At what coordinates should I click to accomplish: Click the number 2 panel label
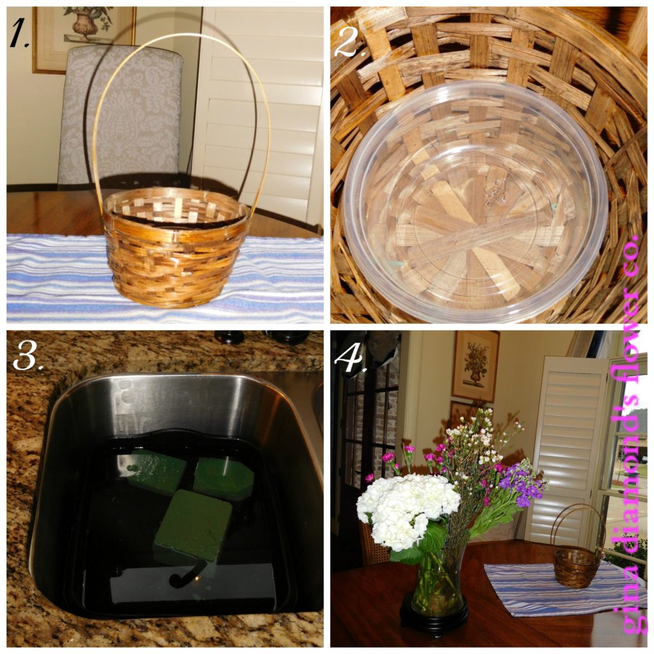pyautogui.click(x=348, y=42)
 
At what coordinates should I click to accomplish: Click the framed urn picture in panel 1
pyautogui.click(x=84, y=38)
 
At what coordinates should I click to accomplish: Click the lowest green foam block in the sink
pyautogui.click(x=193, y=526)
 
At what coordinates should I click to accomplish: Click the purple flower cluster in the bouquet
pyautogui.click(x=521, y=484)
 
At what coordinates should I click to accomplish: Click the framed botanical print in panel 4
pyautogui.click(x=475, y=366)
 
